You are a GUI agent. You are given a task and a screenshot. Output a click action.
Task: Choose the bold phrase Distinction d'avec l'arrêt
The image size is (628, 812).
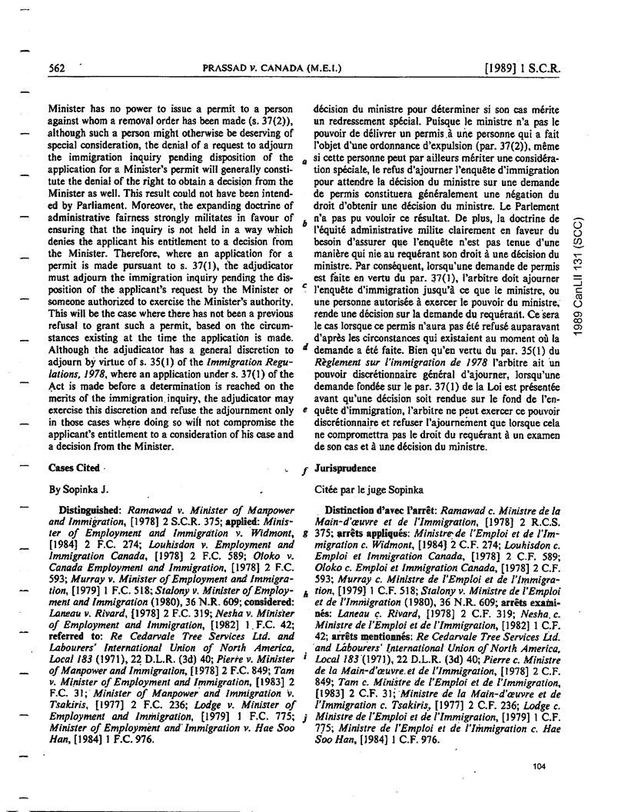(x=377, y=510)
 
